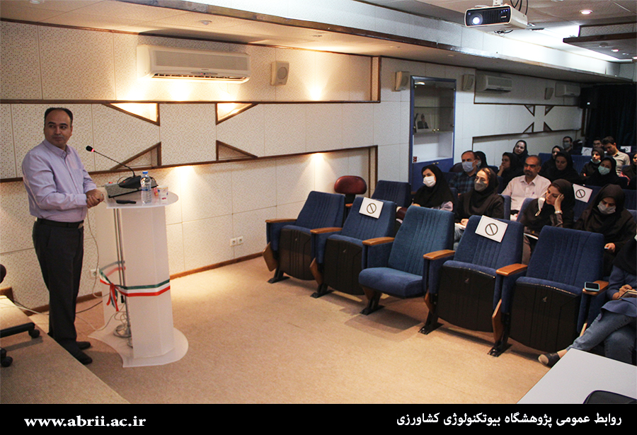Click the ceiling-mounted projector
tap(495, 17)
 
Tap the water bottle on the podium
tap(146, 187)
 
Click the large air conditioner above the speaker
tap(193, 64)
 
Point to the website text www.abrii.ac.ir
tap(84, 421)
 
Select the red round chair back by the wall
tap(350, 185)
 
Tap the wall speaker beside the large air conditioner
tap(280, 73)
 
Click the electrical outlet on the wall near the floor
tap(236, 241)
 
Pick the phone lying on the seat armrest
tap(592, 286)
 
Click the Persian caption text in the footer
tap(509, 419)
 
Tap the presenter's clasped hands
tap(94, 198)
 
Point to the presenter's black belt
tap(59, 223)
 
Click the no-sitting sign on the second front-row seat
tap(371, 207)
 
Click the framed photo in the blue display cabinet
tap(423, 122)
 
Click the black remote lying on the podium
tap(126, 202)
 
